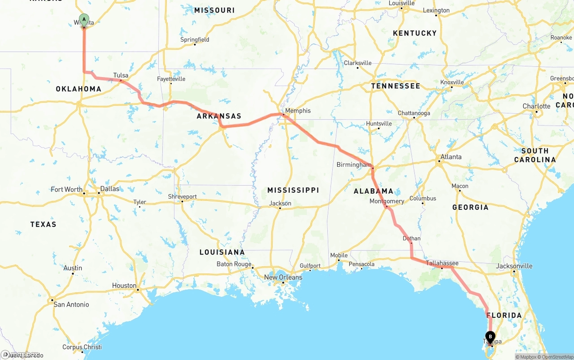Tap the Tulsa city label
[121, 75]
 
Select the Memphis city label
[298, 111]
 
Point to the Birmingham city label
[354, 165]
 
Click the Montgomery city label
[387, 201]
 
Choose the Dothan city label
[412, 239]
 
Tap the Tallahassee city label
[442, 263]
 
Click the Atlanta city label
[451, 157]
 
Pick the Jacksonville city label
[514, 266]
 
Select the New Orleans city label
[283, 277]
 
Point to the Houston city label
[124, 286]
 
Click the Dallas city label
[110, 189]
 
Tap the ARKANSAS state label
[219, 116]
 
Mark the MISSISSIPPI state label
[293, 190]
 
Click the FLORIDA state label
[504, 315]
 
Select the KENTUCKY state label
[414, 33]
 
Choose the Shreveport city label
[183, 197]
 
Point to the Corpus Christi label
[82, 347]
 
